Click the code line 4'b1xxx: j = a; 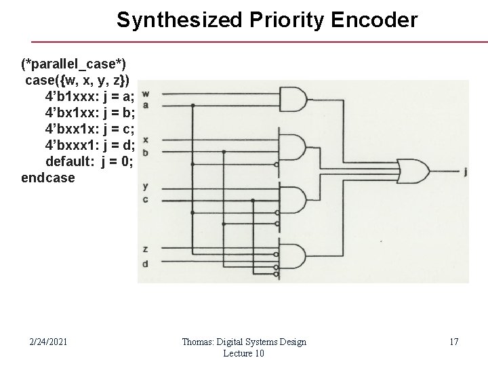coord(90,96)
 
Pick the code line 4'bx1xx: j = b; coord(90,112)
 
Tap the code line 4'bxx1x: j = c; coord(90,129)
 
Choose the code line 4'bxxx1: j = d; coord(90,145)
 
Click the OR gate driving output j coord(411,171)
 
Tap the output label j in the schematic coord(465,172)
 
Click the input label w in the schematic coord(146,93)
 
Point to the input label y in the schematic coord(146,185)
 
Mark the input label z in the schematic coord(146,250)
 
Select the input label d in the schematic coord(146,263)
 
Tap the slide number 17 coord(453,342)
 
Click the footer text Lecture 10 coord(243,354)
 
